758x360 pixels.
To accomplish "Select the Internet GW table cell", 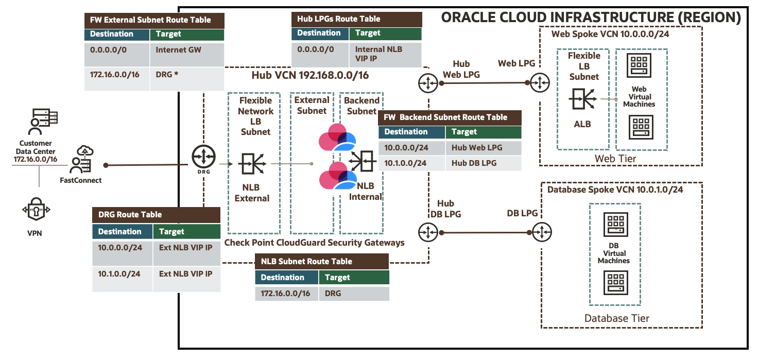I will [186, 50].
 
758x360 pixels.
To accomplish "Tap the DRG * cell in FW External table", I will [186, 75].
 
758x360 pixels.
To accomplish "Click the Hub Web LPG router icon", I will [427, 82].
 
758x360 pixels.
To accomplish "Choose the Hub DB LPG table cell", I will [483, 163].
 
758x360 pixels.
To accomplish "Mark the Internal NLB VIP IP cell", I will [385, 54].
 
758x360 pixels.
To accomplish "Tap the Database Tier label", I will [616, 318].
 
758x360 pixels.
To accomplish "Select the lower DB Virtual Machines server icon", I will [614, 283].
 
